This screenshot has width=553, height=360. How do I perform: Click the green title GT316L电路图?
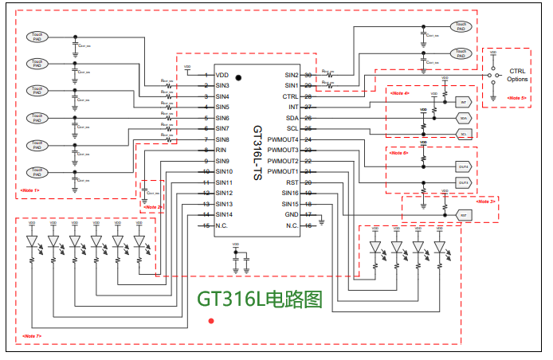click(x=261, y=299)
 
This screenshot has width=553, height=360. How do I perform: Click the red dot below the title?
click(x=211, y=321)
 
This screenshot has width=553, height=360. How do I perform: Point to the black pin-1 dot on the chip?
click(x=237, y=78)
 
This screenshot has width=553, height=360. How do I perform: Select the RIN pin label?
click(x=221, y=150)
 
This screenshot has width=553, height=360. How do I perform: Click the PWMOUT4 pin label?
click(x=284, y=139)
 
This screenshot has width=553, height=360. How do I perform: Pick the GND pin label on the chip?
click(x=292, y=215)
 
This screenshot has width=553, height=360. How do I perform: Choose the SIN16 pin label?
click(x=289, y=193)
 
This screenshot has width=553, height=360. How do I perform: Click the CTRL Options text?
click(x=518, y=76)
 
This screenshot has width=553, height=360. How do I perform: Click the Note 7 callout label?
click(x=32, y=336)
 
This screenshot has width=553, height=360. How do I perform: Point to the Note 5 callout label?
click(x=517, y=98)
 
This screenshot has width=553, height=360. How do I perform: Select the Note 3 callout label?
click(x=485, y=201)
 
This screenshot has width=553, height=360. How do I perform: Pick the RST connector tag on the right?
click(x=463, y=215)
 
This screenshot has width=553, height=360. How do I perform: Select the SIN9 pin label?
click(x=222, y=161)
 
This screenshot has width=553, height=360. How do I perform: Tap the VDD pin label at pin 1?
click(x=222, y=74)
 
